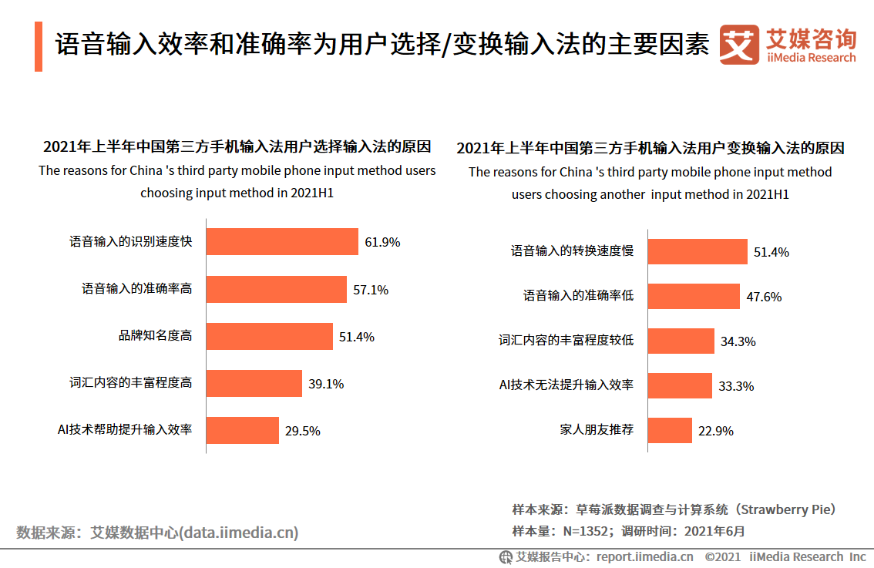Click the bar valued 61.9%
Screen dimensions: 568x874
click(282, 241)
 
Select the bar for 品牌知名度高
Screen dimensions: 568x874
click(270, 336)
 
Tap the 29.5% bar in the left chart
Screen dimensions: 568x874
click(242, 430)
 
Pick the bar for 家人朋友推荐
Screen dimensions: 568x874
click(670, 430)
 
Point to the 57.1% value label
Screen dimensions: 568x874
click(371, 290)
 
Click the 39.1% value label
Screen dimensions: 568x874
click(325, 384)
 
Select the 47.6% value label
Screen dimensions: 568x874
click(764, 297)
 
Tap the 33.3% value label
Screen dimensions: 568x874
click(736, 386)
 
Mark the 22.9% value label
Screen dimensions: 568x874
click(716, 431)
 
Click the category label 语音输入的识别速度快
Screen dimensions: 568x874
click(131, 242)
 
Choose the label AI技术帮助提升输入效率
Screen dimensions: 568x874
click(125, 429)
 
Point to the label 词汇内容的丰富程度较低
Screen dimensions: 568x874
click(566, 340)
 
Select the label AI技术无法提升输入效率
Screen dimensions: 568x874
click(566, 385)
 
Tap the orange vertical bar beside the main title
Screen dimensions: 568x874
click(39, 46)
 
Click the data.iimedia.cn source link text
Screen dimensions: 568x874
click(238, 533)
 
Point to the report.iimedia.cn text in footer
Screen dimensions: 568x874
click(644, 556)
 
